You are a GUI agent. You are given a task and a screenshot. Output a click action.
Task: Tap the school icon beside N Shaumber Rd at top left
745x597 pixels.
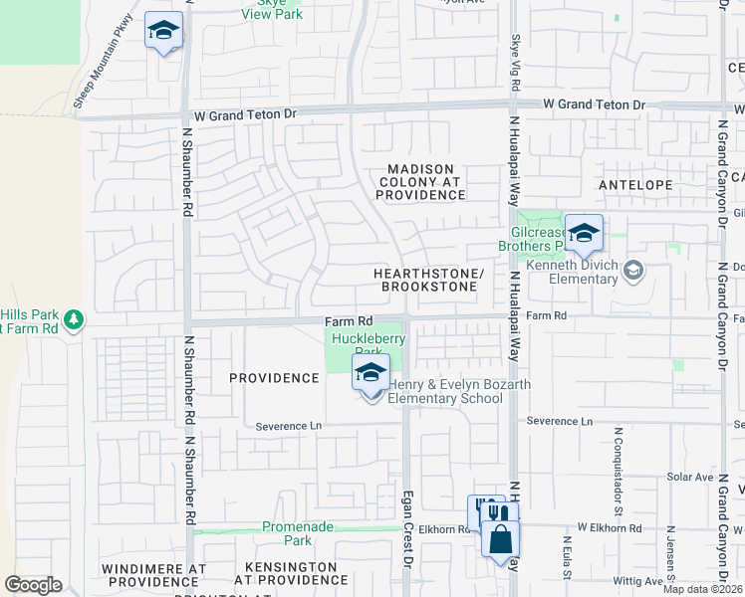(163, 31)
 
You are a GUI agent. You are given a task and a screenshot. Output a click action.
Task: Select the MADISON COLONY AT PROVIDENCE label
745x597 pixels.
(420, 182)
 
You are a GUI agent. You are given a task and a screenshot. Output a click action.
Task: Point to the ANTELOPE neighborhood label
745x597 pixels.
(634, 185)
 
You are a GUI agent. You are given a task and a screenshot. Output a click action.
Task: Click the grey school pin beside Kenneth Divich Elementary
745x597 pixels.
(633, 269)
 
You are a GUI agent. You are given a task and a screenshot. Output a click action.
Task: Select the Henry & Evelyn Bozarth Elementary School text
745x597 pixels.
(459, 392)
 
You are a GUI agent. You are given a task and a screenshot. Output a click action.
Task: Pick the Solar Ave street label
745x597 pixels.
(690, 478)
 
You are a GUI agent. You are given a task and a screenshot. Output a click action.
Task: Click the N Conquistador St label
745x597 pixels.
(619, 466)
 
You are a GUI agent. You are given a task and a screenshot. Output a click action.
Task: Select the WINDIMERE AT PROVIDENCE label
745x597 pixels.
(153, 574)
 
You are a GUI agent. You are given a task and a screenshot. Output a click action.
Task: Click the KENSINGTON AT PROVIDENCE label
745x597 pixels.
(284, 573)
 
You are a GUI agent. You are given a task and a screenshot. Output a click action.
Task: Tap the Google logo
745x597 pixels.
(33, 584)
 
